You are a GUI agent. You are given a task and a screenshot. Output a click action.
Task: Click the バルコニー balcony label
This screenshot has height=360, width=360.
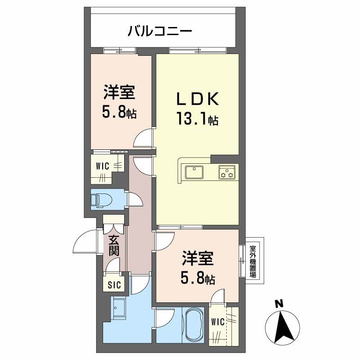tap(160, 31)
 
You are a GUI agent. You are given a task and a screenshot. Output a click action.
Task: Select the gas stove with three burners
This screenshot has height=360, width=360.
tap(227, 172)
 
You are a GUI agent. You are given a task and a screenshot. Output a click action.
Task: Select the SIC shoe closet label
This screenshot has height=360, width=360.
tap(114, 284)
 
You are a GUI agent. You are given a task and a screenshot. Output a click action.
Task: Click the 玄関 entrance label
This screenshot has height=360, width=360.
tap(114, 245)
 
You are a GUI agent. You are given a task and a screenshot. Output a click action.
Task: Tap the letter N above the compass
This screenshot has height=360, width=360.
tap(279, 304)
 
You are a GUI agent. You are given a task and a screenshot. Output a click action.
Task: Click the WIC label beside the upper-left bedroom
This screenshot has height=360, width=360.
tap(102, 166)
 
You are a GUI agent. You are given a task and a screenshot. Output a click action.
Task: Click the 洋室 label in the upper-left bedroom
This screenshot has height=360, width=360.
tap(119, 93)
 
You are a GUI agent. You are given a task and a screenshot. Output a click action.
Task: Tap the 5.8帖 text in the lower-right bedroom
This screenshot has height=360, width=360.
tap(198, 279)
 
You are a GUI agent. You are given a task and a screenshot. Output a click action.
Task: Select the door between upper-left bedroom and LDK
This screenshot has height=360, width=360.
tap(147, 138)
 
